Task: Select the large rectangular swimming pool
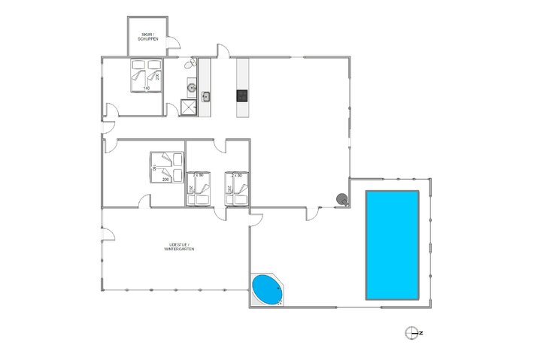[392, 245]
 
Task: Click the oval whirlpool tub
[265, 289]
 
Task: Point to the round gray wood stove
[342, 199]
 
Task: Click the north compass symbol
[411, 332]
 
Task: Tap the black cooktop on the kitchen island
[242, 95]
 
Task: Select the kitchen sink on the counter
[205, 95]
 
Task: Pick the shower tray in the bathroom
[190, 107]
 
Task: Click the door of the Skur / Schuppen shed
[172, 47]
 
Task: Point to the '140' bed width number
[147, 89]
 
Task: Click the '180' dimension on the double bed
[155, 170]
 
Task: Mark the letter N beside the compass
[421, 332]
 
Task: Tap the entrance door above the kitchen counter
[223, 51]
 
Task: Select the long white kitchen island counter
[242, 87]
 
